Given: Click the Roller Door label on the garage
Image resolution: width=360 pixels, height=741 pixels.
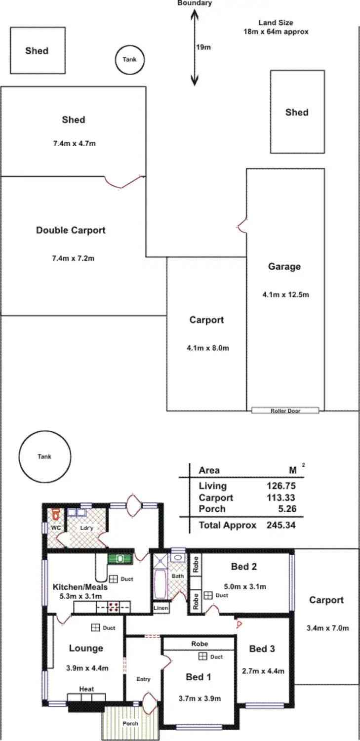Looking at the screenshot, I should coord(285,411).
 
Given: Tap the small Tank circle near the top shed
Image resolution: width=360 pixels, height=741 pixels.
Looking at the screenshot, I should coord(130,60).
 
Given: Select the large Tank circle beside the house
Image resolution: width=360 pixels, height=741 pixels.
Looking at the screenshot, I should coord(44,456).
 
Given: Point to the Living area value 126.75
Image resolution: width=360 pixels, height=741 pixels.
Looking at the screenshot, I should coord(281,486).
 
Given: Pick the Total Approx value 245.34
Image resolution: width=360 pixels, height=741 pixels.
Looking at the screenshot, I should coord(281,525).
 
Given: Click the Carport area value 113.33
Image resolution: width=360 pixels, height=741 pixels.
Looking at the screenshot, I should coord(281,498).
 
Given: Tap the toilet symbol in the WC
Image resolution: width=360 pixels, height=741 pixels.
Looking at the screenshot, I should coord(55,515).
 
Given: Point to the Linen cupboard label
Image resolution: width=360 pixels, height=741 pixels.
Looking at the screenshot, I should coord(160,608).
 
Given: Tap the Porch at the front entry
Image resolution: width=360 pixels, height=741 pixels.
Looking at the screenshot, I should coord(130,723).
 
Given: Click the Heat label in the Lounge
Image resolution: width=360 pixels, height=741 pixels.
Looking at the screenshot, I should coord(86,689).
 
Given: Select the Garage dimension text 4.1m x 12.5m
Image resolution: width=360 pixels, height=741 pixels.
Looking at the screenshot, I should coord(285,294).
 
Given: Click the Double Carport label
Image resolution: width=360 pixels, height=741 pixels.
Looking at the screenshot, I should coord(71,230).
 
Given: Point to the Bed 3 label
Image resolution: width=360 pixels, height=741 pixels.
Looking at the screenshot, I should coord(262,649).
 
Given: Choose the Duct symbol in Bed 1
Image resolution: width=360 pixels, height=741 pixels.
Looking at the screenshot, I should coord(202,657).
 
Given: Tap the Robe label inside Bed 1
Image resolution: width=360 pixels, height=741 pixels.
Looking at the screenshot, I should coord(200,644).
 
